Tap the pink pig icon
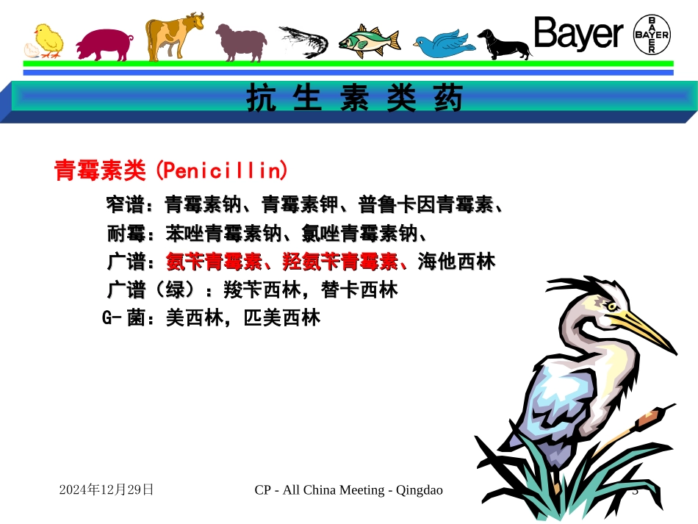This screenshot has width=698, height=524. [x=104, y=45]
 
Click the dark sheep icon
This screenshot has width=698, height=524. [x=240, y=42]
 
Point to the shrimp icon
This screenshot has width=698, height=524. [x=303, y=40]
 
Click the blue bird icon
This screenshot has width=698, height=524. [x=443, y=43]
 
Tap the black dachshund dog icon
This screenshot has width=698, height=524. [x=504, y=44]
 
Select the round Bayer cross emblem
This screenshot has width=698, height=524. [x=652, y=35]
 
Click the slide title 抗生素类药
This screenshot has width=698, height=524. [x=355, y=99]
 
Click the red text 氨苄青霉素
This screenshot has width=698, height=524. [x=214, y=261]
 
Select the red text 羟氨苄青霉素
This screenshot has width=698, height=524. [x=340, y=261]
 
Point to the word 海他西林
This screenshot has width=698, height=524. [x=456, y=261]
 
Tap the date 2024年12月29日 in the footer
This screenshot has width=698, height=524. [x=107, y=489]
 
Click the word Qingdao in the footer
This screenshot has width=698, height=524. [x=419, y=489]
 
